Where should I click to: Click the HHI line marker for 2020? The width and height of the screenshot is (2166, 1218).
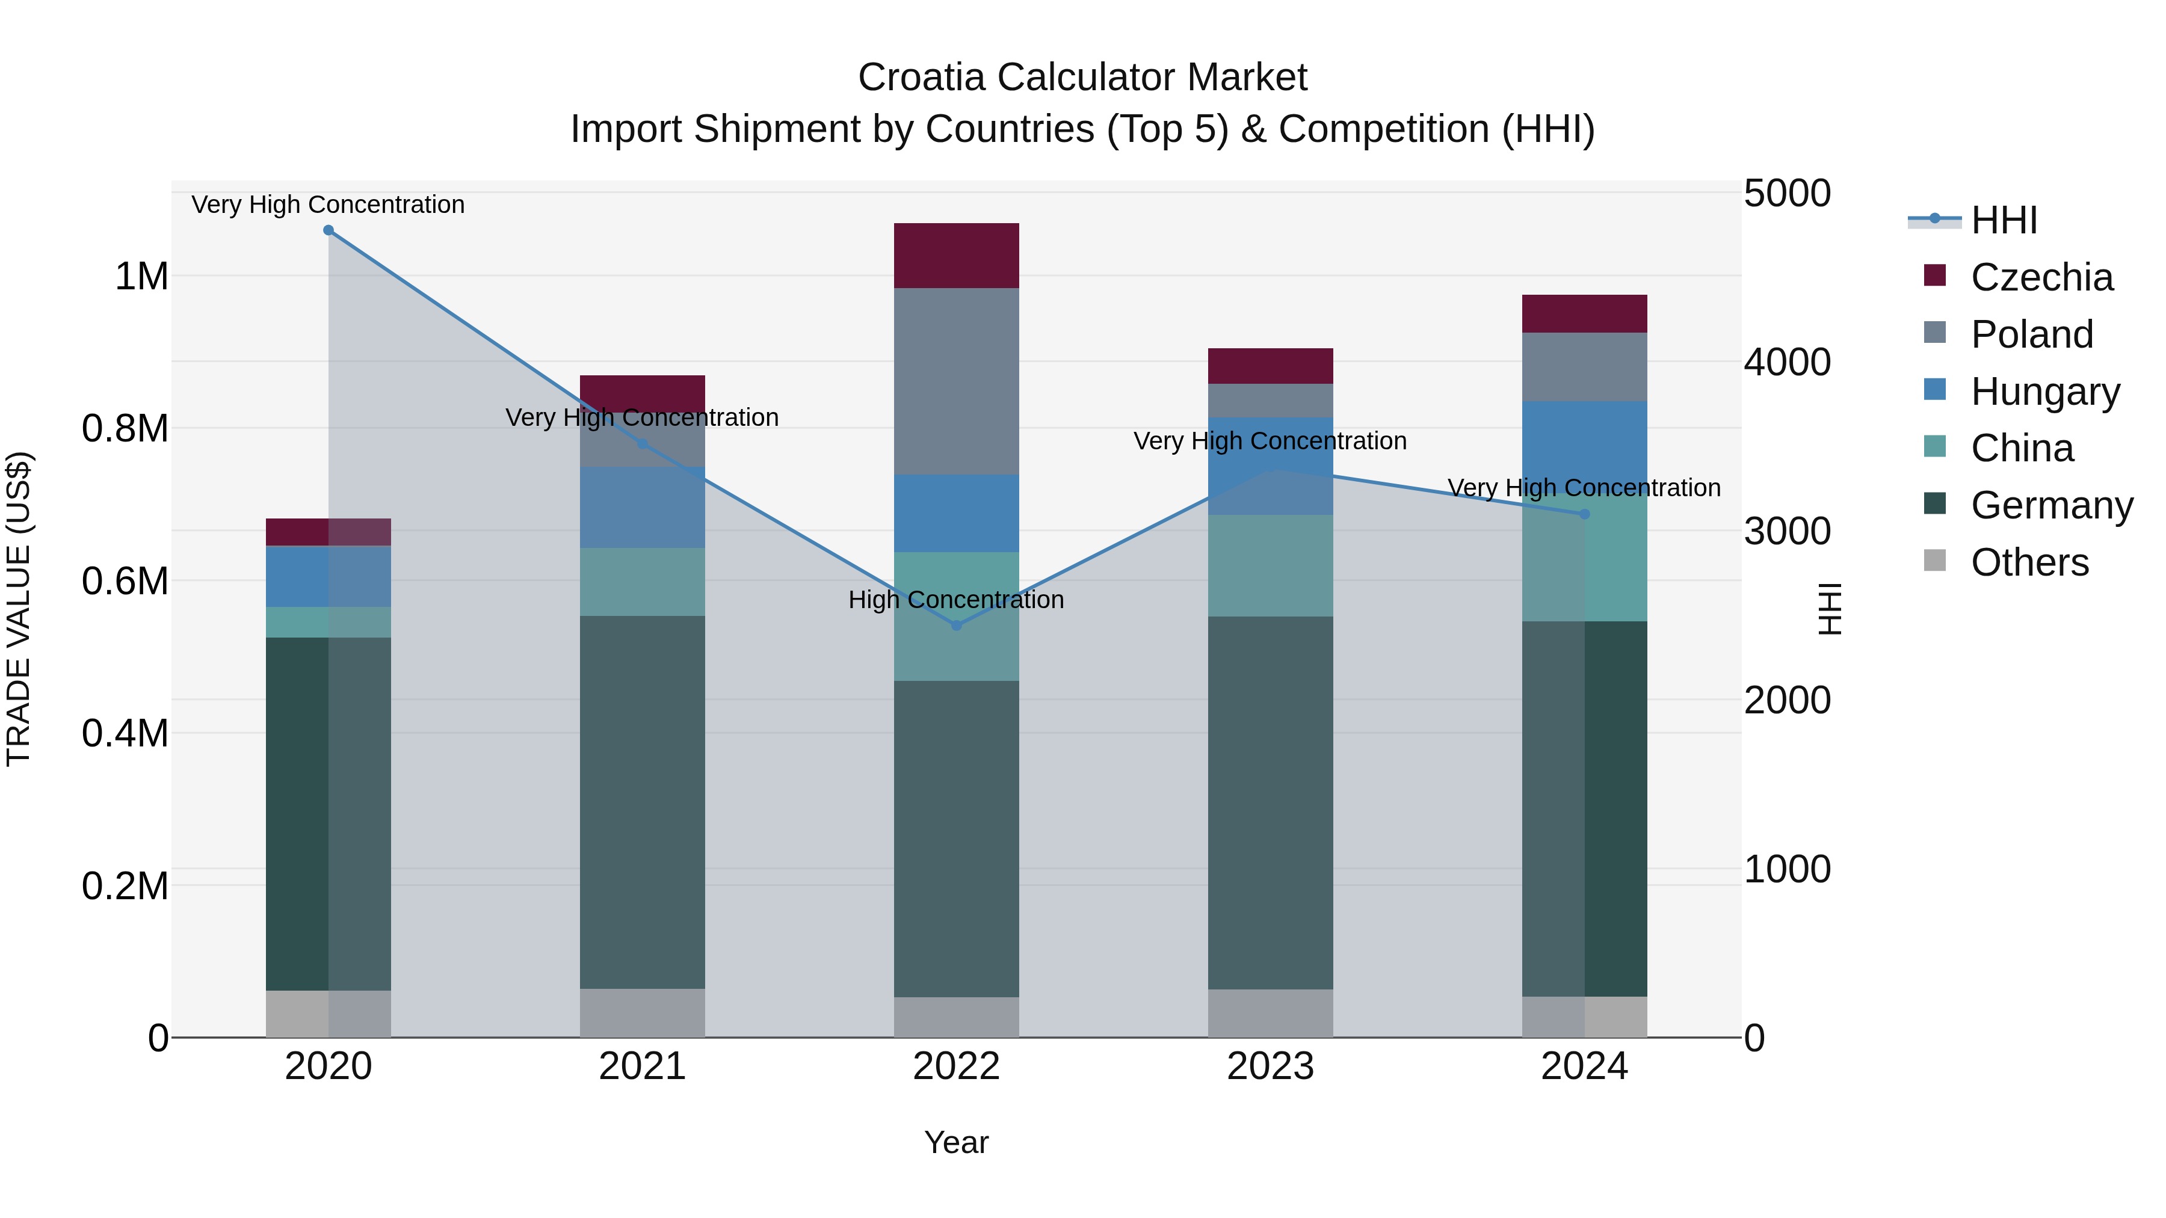[329, 230]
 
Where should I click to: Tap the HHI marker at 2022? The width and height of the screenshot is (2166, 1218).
[956, 626]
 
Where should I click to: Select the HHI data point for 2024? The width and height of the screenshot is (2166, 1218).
[1584, 514]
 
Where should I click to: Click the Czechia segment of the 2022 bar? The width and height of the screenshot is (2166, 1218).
[956, 256]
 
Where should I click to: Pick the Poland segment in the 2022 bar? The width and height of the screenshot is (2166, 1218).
[956, 381]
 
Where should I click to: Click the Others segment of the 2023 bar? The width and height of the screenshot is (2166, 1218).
[1271, 1013]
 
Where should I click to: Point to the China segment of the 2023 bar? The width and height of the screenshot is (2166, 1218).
[1271, 566]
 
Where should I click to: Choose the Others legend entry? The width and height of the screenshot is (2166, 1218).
[2029, 562]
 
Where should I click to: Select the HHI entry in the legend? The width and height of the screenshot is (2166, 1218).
[2004, 220]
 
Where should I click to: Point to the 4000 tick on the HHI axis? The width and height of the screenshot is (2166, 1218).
[1787, 362]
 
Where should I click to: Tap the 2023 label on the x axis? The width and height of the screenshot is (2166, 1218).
[1271, 1066]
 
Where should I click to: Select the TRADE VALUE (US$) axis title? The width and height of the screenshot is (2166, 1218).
[19, 609]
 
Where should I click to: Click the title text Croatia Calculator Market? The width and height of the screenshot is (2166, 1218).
[1082, 78]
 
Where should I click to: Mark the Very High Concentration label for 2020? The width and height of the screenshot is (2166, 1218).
[328, 205]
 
